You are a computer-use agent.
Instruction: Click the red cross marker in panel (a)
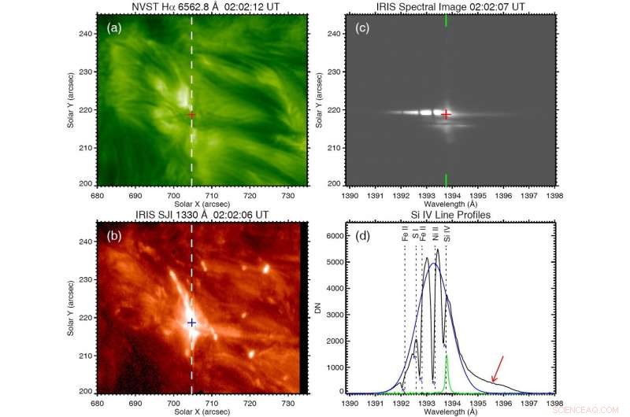click(191, 115)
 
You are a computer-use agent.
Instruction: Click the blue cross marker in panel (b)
click(191, 323)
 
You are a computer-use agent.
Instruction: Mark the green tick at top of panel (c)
click(447, 21)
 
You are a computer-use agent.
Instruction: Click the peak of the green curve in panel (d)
click(447, 356)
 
